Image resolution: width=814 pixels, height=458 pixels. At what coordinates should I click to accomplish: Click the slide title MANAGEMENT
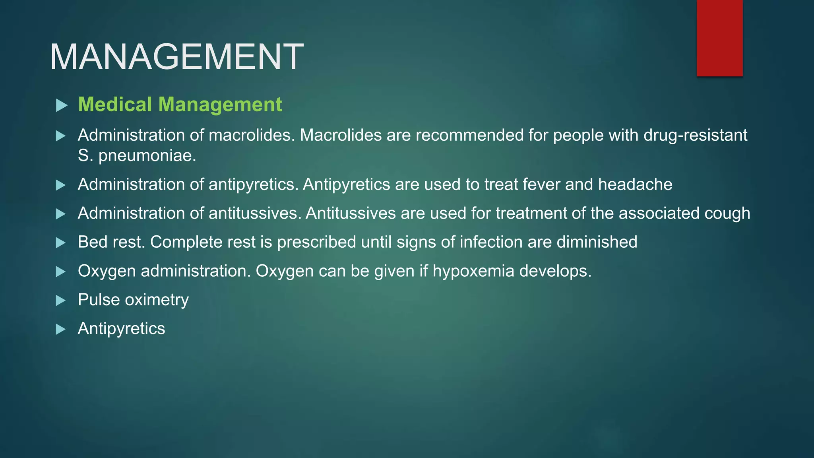point(176,57)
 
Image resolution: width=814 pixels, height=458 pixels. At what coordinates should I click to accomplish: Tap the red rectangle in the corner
point(719,38)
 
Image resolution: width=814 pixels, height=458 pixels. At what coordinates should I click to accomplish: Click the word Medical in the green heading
point(115,105)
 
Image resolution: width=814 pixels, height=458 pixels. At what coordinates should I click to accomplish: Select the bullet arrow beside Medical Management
point(61,105)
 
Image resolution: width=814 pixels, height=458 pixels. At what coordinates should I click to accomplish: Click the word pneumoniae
point(147,155)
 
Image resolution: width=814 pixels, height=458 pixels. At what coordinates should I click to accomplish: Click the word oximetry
point(157,300)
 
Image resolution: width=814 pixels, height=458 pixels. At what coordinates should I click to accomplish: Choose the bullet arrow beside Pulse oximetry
point(61,300)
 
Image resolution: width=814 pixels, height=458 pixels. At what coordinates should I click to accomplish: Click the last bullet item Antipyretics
point(121,329)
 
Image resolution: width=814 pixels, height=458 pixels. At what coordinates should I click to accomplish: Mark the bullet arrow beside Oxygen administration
point(61,272)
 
